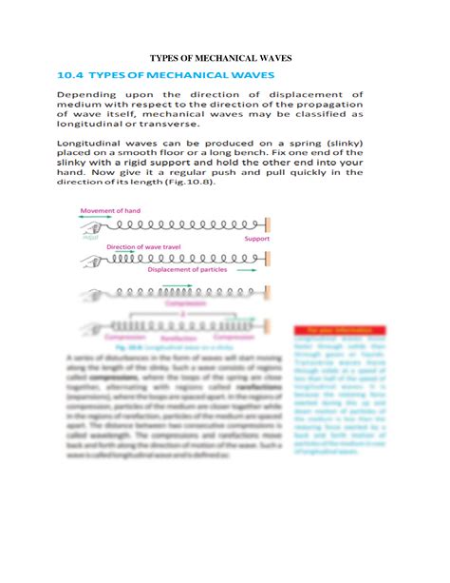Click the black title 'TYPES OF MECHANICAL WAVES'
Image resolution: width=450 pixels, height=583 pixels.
224,59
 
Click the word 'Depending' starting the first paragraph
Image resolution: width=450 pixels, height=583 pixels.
90,95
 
